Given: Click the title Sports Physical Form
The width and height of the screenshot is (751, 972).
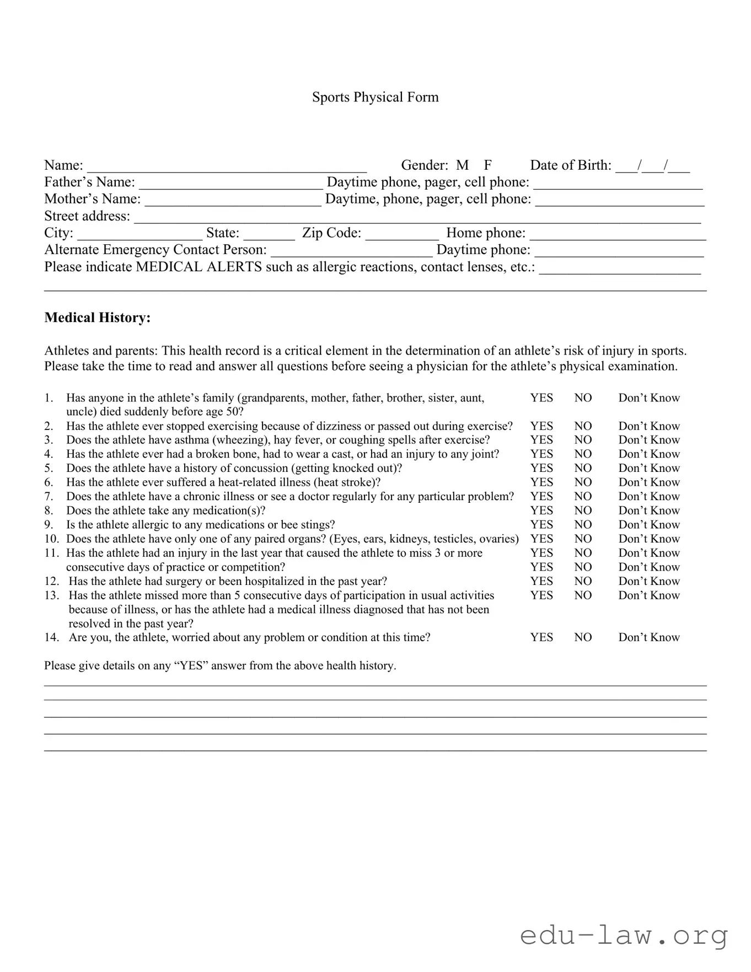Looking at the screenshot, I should (x=375, y=97).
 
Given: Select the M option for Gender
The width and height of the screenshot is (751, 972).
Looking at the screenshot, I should (x=462, y=165).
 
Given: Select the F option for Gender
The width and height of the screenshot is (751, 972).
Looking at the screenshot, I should (x=487, y=165).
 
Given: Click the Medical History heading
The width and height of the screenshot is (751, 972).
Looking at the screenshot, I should (x=98, y=318).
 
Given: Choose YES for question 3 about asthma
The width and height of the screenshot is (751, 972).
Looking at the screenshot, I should (x=541, y=440).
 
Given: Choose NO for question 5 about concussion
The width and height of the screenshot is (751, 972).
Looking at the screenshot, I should (x=583, y=468).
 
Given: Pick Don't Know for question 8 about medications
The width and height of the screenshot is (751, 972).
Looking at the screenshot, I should (x=649, y=511).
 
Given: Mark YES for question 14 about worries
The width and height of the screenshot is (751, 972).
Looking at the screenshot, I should (x=541, y=637).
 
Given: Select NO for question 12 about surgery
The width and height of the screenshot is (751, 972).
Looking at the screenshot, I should (x=583, y=581).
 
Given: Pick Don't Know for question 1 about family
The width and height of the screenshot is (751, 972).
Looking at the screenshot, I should (x=649, y=398).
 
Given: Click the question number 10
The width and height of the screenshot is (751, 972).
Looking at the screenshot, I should (x=51, y=539).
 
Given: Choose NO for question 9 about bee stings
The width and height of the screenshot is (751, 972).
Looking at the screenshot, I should (x=583, y=525).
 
